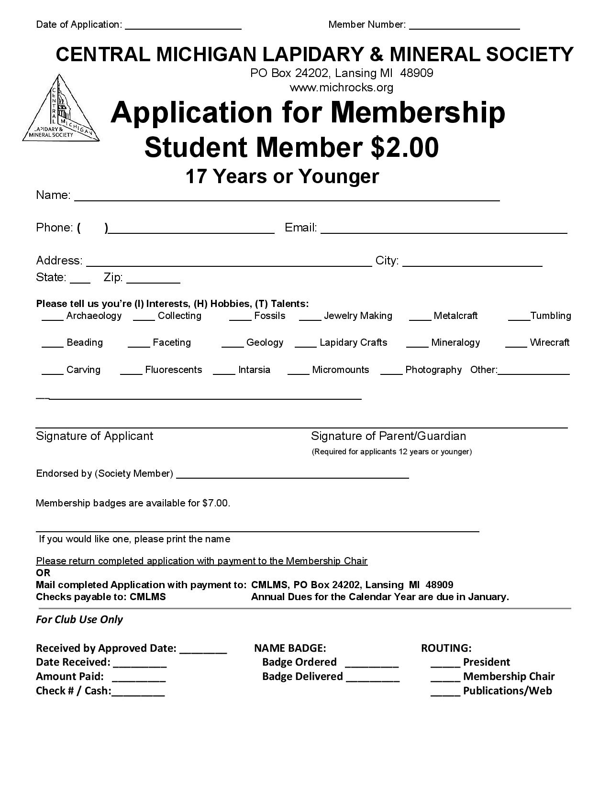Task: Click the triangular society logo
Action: (61, 109)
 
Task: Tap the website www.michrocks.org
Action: (341, 88)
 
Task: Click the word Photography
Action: (433, 370)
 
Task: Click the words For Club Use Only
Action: (79, 620)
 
